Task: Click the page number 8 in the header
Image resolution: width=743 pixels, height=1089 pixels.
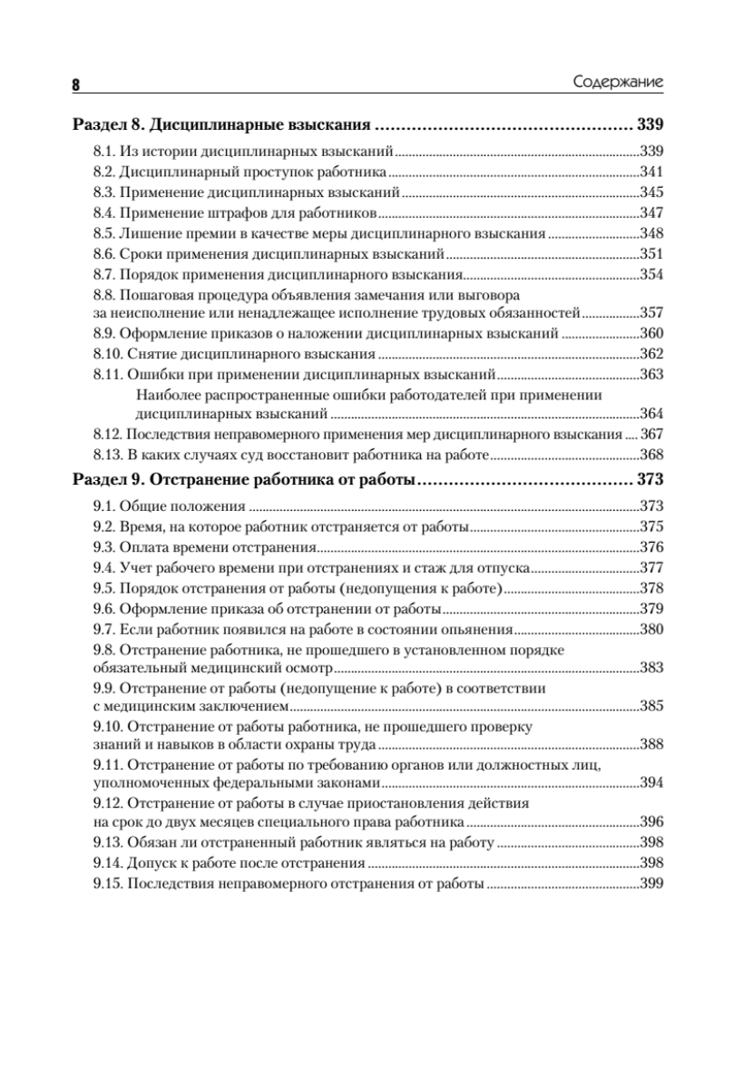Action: (x=76, y=84)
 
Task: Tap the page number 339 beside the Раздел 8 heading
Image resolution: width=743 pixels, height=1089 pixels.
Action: (x=652, y=124)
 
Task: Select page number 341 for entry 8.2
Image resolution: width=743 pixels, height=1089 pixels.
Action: (x=653, y=172)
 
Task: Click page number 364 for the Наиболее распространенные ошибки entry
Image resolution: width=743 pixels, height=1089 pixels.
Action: (x=653, y=414)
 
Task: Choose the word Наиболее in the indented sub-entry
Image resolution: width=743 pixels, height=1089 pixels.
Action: (x=163, y=395)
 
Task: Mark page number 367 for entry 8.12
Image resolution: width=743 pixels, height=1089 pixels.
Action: (x=653, y=434)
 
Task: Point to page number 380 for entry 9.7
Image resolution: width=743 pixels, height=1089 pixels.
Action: (x=653, y=629)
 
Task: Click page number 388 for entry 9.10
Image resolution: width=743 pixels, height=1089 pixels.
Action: (x=653, y=744)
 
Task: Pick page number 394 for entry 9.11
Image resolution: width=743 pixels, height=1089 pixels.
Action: (x=653, y=783)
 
